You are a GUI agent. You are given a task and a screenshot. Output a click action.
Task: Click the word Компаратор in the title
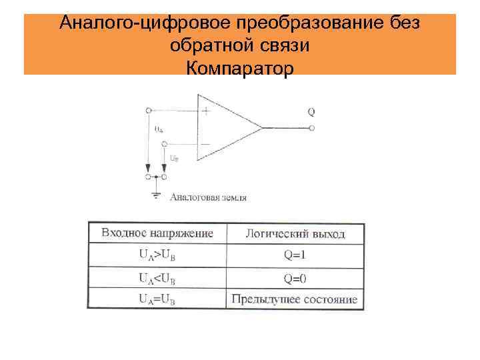pyautogui.click(x=240, y=68)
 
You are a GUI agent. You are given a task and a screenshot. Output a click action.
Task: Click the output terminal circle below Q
pyautogui.click(x=312, y=127)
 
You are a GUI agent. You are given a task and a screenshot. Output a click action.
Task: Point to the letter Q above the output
pyautogui.click(x=311, y=111)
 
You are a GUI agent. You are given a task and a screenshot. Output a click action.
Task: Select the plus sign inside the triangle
pyautogui.click(x=206, y=112)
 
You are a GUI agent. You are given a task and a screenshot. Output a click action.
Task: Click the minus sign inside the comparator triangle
pyautogui.click(x=205, y=143)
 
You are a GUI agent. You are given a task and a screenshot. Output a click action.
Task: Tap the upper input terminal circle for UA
pyautogui.click(x=147, y=110)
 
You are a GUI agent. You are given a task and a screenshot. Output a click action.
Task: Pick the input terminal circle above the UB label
pyautogui.click(x=164, y=143)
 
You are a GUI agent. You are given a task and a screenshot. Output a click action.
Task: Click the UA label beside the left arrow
pyautogui.click(x=159, y=129)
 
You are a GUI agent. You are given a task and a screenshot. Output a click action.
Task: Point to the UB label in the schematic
pyautogui.click(x=173, y=159)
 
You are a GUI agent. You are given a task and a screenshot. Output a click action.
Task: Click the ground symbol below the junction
pyautogui.click(x=156, y=194)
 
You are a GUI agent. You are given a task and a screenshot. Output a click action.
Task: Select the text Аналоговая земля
pyautogui.click(x=209, y=197)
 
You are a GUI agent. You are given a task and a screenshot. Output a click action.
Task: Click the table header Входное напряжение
pyautogui.click(x=157, y=233)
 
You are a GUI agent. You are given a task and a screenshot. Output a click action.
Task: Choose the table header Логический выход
pyautogui.click(x=295, y=234)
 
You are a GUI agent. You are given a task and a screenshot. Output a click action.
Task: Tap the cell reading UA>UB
pyautogui.click(x=157, y=255)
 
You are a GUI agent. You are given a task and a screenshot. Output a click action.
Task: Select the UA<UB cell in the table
pyautogui.click(x=157, y=277)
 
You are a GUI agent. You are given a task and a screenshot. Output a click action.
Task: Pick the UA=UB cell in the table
pyautogui.click(x=157, y=299)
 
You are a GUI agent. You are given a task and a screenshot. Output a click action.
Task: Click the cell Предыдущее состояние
pyautogui.click(x=295, y=299)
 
